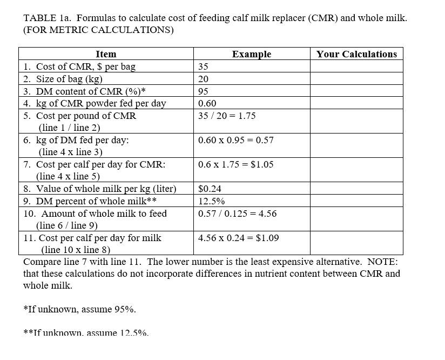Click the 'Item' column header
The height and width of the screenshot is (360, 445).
[106, 54]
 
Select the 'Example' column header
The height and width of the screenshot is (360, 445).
[252, 54]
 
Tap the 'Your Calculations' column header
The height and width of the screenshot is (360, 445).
[356, 54]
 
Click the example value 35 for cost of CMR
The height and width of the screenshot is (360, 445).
[203, 67]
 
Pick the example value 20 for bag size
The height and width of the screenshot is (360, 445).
[203, 79]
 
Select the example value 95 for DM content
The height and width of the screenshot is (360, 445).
[203, 91]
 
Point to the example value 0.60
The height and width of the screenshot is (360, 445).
[207, 103]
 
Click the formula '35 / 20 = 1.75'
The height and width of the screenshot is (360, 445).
[227, 116]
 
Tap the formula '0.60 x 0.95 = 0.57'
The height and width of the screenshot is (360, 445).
[235, 140]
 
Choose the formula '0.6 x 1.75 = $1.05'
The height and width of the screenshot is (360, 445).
[235, 164]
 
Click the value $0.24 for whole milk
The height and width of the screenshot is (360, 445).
[210, 189]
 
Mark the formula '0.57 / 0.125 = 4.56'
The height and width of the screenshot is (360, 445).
[237, 214]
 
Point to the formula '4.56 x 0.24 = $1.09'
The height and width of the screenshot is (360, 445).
[238, 238]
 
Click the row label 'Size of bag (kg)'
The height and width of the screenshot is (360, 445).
[70, 79]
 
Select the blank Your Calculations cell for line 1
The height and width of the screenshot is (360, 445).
[356, 67]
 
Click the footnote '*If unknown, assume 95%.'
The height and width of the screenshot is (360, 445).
[79, 309]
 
